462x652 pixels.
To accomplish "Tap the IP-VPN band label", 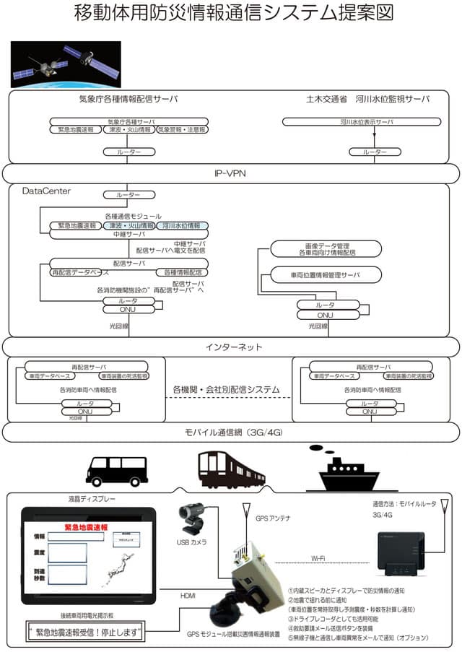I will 230,174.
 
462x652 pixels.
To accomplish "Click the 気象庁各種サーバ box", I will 130,123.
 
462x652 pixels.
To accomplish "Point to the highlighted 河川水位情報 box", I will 182,226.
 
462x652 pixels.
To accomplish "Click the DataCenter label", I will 46,191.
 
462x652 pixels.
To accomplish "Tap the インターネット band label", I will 230,347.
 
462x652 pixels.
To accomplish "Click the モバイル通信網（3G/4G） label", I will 230,432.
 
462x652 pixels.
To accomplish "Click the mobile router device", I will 401,557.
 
